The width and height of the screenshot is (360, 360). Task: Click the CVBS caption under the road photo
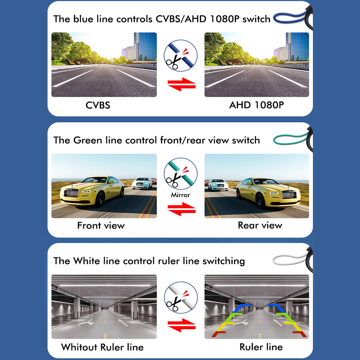tap(98, 105)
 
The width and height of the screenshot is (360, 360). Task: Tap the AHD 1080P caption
tap(256, 105)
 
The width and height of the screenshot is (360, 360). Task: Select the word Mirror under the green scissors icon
tap(180, 195)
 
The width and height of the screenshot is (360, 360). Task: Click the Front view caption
tap(101, 225)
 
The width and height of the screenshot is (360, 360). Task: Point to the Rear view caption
tap(260, 225)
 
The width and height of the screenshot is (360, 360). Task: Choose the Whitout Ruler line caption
tap(102, 347)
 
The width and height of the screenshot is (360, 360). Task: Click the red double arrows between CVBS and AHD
tap(181, 84)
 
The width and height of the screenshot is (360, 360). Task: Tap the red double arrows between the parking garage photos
tap(181, 325)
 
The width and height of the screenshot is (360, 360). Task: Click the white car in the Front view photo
tap(142, 183)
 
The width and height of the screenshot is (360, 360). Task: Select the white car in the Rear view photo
tap(218, 185)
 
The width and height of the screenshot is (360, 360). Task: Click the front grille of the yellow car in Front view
tap(71, 193)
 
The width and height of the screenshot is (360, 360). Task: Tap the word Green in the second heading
tap(88, 140)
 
